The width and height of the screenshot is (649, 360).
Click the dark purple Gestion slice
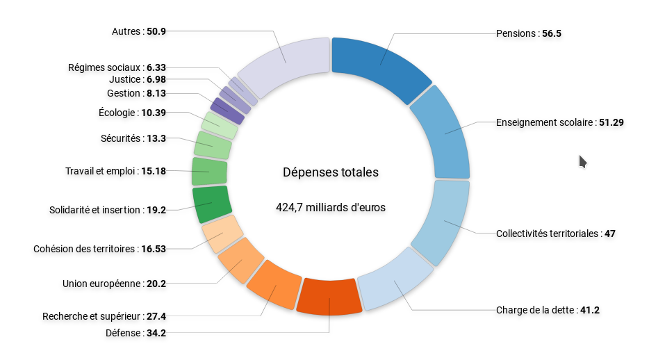227,111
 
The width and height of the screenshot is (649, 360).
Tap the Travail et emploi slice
209,171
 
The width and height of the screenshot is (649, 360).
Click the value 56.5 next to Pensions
551,33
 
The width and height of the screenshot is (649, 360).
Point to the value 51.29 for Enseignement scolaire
611,122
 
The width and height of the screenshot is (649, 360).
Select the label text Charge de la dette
536,310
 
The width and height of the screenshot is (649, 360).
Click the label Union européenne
102,284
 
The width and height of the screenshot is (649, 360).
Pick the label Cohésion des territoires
85,249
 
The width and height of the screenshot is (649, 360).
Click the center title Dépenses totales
331,172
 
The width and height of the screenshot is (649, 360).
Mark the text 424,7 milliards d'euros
331,206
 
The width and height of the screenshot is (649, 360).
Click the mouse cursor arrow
582,161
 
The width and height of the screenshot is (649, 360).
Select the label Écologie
119,112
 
